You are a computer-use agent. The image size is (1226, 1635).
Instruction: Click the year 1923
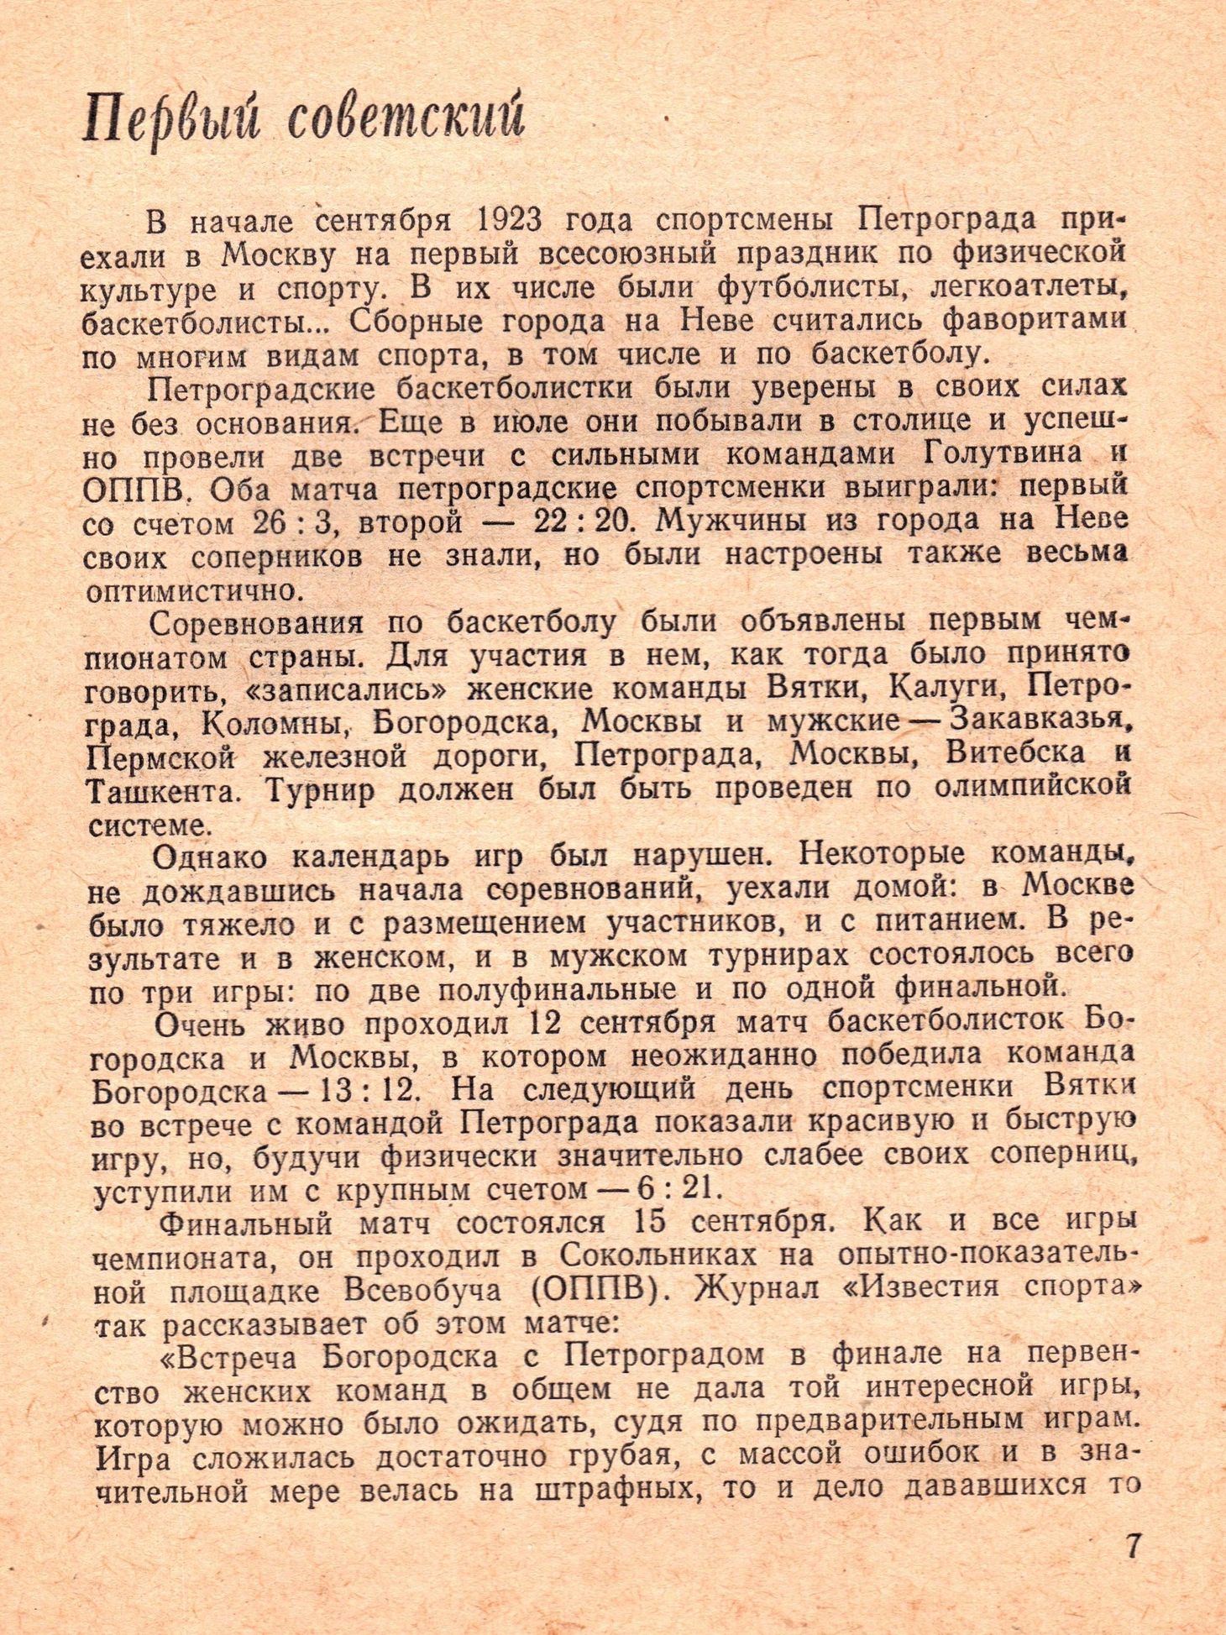coord(508,220)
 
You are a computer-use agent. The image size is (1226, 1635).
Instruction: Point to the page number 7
coord(1133,1546)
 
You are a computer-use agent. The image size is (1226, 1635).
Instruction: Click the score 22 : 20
coord(580,521)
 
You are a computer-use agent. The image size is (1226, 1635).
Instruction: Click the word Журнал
coord(756,1288)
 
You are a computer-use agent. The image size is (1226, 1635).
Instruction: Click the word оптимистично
coord(193,591)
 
